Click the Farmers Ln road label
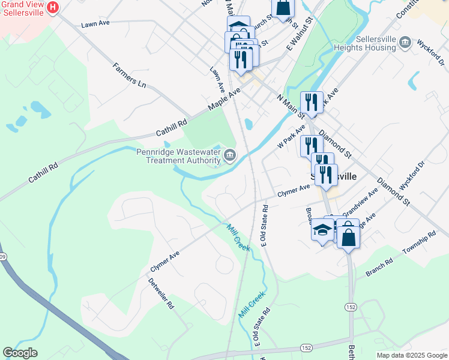click(x=129, y=75)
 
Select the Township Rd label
click(x=421, y=243)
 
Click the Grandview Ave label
click(x=360, y=203)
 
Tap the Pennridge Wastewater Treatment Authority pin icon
click(x=229, y=157)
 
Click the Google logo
click(x=20, y=353)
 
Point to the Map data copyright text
click(x=411, y=355)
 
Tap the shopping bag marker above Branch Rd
click(x=348, y=235)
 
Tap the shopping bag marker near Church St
click(x=283, y=8)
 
